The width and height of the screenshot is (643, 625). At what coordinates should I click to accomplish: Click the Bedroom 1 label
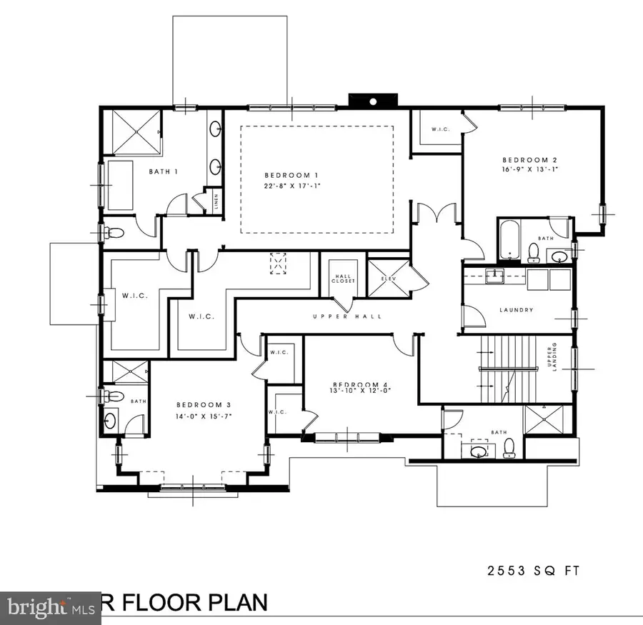[291, 176]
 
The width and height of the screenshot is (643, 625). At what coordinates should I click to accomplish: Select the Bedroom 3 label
[201, 404]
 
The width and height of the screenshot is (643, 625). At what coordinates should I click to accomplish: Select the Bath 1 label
[164, 172]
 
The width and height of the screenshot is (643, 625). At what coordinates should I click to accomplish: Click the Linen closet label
[215, 203]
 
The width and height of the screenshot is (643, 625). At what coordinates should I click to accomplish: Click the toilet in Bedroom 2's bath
[533, 251]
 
